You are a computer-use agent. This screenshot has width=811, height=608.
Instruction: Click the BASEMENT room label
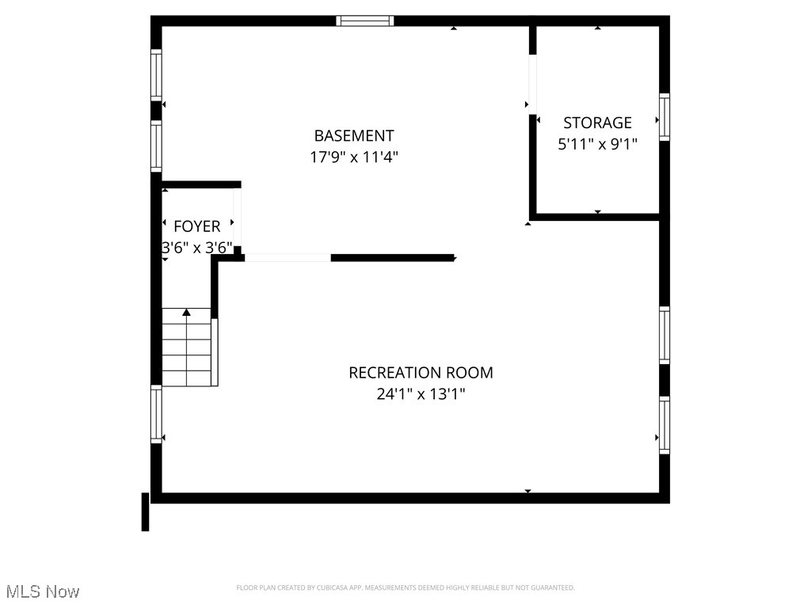(353, 136)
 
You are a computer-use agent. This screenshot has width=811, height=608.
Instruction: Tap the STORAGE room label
(597, 123)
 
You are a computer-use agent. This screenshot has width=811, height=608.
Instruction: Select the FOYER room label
(196, 226)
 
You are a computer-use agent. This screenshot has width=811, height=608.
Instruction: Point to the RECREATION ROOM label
(421, 372)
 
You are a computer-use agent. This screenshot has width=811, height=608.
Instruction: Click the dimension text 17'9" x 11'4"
(353, 158)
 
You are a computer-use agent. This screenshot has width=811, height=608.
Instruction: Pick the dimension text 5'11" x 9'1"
(597, 144)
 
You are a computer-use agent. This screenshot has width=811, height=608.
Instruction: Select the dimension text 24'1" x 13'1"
(421, 393)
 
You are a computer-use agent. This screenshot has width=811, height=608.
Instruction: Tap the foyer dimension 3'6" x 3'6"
(196, 248)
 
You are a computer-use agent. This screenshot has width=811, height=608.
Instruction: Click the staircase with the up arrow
(188, 348)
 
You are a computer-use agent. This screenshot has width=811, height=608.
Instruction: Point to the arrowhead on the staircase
(187, 313)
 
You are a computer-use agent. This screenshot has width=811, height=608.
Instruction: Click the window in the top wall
(365, 21)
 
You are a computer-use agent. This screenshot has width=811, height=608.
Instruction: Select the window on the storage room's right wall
(664, 117)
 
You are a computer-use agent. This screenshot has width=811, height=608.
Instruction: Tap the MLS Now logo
(41, 591)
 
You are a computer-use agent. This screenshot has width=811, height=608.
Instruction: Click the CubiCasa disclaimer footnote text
(405, 587)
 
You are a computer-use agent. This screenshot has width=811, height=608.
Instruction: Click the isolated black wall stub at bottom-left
(145, 511)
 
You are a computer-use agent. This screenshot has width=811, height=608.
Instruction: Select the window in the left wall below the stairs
(156, 414)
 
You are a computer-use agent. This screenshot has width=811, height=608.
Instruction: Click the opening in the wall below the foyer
(287, 257)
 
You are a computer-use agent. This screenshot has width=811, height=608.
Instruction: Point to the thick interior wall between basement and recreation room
(392, 257)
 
